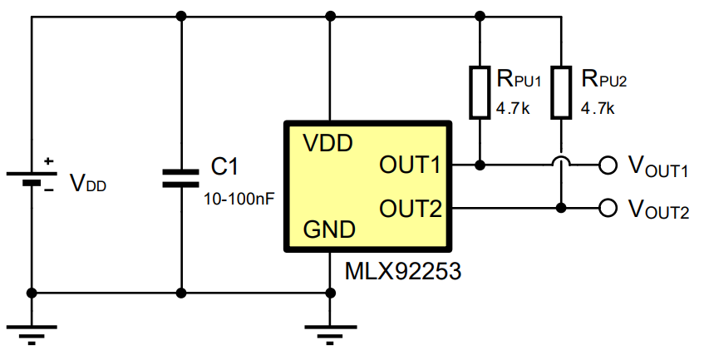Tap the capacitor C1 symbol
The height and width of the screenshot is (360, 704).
pyautogui.click(x=180, y=176)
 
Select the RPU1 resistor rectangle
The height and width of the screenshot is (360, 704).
pyautogui.click(x=480, y=92)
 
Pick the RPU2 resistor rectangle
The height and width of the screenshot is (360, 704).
pyautogui.click(x=562, y=92)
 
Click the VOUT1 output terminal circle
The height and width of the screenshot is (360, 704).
pyautogui.click(x=608, y=165)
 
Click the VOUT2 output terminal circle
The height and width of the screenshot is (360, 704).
pyautogui.click(x=608, y=207)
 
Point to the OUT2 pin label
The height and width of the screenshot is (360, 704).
pyautogui.click(x=410, y=208)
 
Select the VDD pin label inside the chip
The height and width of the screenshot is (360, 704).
pyautogui.click(x=327, y=142)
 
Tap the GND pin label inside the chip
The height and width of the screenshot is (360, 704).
pyautogui.click(x=329, y=229)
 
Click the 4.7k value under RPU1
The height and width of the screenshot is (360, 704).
pyautogui.click(x=512, y=108)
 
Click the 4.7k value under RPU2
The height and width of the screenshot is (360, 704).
pyautogui.click(x=598, y=108)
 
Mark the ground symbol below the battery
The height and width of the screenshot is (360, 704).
pyautogui.click(x=32, y=333)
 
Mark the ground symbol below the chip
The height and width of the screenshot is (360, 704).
pyautogui.click(x=331, y=333)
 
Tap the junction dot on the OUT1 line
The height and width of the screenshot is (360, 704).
pyautogui.click(x=480, y=165)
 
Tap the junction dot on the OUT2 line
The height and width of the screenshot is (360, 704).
pyautogui.click(x=562, y=207)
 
